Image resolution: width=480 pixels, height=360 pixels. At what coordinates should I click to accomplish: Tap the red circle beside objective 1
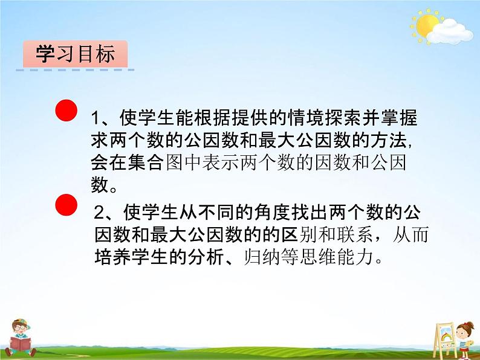coord(66,112)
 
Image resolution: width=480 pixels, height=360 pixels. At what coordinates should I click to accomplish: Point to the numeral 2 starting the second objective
coord(101,213)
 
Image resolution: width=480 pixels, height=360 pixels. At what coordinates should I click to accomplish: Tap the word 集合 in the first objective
coord(149,164)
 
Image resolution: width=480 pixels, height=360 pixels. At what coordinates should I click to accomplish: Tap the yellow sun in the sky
coord(426,26)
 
